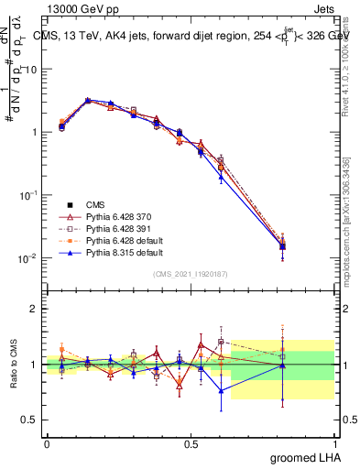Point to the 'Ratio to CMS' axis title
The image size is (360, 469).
pyautogui.click(x=14, y=364)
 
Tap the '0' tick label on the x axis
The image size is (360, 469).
pyautogui.click(x=47, y=442)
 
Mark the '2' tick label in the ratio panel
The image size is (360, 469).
pyautogui.click(x=33, y=309)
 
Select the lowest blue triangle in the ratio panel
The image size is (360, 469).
pyautogui.click(x=220, y=390)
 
